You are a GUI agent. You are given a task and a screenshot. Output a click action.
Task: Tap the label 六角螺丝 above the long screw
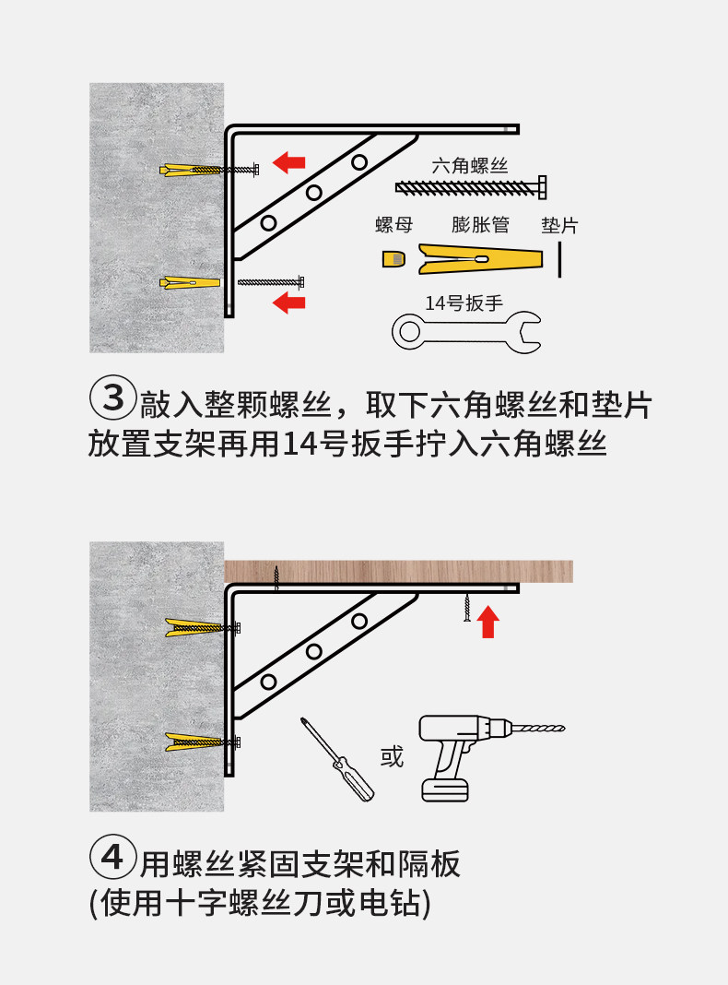470,166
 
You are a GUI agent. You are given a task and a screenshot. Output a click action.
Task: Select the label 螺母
393,226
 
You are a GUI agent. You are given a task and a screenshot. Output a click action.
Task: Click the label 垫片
559,226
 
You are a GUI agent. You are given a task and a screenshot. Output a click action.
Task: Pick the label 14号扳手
464,303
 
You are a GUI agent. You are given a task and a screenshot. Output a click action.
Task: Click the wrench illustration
466,332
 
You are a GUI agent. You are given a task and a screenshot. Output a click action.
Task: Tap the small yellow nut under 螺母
393,259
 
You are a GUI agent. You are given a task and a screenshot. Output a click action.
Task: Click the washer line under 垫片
559,259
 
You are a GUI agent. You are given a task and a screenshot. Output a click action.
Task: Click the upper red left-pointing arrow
290,162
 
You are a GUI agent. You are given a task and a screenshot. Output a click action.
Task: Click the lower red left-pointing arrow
290,302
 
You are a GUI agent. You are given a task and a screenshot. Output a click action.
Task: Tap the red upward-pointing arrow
488,622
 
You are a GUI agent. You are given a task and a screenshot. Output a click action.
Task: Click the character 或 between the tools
393,758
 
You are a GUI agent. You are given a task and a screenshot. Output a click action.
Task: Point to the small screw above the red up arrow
468,608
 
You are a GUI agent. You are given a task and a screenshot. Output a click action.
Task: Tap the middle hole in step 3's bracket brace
313,193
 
